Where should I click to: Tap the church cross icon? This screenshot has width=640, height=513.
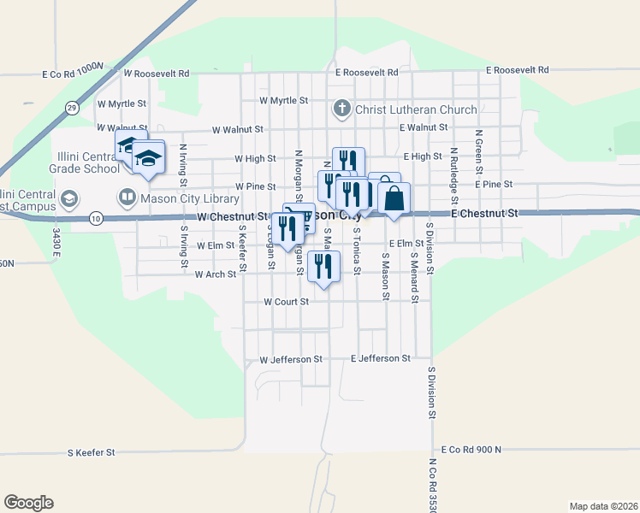pyautogui.click(x=341, y=109)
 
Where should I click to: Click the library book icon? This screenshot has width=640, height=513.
pyautogui.click(x=127, y=198)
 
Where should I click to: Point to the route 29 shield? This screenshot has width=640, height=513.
pyautogui.click(x=72, y=108)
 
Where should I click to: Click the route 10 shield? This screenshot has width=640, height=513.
pyautogui.click(x=97, y=219)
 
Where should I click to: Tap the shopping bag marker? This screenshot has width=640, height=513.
pyautogui.click(x=394, y=199)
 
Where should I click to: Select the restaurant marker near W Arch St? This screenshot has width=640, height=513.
pyautogui.click(x=323, y=265)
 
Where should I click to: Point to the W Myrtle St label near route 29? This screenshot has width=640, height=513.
pyautogui.click(x=122, y=103)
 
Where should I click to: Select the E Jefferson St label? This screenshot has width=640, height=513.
pyautogui.click(x=381, y=358)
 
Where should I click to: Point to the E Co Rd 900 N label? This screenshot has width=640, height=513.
pyautogui.click(x=471, y=449)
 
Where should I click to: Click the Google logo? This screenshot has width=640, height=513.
pyautogui.click(x=28, y=503)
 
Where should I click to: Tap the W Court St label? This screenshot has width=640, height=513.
pyautogui.click(x=286, y=302)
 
